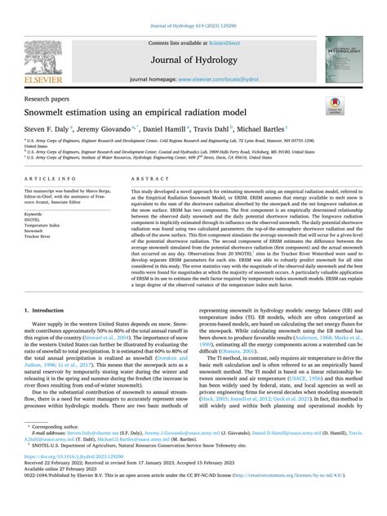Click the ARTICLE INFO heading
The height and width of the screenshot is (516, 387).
click(x=52, y=177)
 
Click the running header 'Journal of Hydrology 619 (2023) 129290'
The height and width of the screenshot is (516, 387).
click(x=193, y=7)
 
